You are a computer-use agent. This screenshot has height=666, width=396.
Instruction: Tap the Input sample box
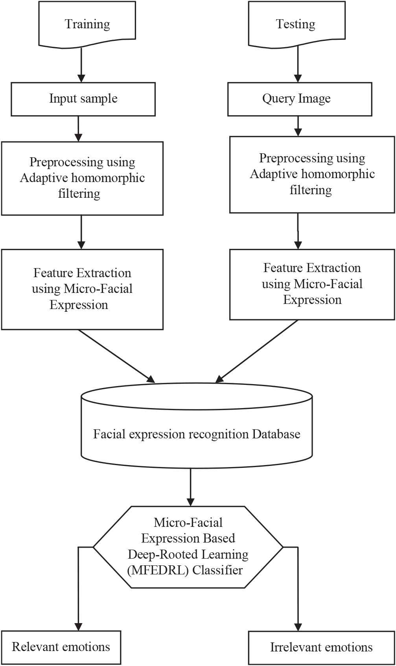(83, 99)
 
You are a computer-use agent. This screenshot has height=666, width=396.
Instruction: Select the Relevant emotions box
(61, 647)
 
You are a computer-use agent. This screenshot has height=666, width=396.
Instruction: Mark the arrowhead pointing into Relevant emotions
(79, 626)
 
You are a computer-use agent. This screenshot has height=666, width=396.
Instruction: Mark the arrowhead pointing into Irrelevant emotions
(298, 626)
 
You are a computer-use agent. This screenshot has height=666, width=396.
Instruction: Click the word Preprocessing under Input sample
(60, 162)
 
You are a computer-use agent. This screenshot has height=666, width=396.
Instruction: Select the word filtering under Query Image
(311, 190)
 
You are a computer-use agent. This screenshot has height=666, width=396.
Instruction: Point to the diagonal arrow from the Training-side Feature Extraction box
(116, 355)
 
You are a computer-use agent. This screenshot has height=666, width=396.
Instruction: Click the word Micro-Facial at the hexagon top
(188, 522)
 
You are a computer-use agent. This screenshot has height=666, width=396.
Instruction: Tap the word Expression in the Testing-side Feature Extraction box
(312, 300)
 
